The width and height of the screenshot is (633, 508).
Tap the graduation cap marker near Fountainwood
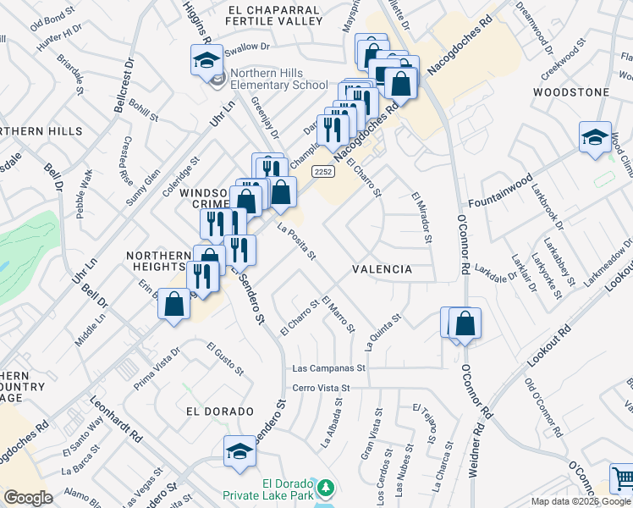point(595,138)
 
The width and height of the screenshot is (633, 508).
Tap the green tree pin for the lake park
point(326,489)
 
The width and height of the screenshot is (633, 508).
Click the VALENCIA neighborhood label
point(383,269)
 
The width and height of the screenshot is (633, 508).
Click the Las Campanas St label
point(328,369)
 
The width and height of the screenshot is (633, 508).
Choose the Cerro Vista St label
point(321,388)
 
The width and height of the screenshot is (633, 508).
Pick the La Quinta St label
point(382,332)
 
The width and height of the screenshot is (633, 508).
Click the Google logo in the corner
point(28,498)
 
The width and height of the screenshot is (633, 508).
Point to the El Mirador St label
point(421,218)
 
